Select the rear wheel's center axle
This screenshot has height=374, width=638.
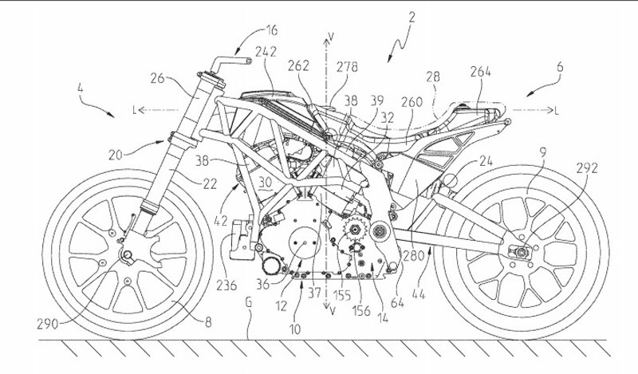[x=519, y=254]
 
